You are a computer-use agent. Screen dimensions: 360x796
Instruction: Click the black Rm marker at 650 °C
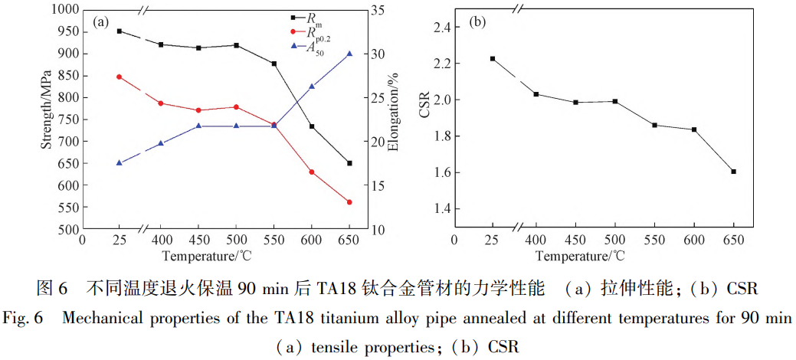349,163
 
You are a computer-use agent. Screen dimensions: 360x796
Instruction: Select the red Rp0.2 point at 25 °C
119,77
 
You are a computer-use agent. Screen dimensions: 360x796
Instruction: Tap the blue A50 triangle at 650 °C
349,54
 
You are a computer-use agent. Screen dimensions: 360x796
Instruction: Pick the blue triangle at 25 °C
119,162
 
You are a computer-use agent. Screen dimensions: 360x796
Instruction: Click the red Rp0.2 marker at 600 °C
312,172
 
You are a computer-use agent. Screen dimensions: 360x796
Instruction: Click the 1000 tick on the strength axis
65,9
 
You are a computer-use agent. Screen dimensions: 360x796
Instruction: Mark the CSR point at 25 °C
493,58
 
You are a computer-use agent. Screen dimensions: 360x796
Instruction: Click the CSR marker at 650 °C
733,172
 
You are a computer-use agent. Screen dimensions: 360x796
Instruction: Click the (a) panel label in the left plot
100,21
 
